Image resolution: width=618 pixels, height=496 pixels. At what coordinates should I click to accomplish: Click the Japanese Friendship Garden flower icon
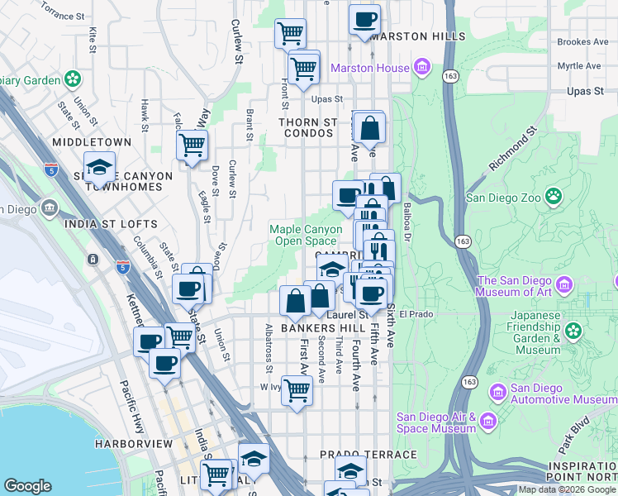coord(573,331)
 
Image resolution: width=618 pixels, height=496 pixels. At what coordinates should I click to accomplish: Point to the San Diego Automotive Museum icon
coord(497,392)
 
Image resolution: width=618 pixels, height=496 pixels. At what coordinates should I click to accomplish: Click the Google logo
coord(28,486)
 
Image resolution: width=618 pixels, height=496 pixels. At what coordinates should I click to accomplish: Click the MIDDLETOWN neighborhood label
coord(91,142)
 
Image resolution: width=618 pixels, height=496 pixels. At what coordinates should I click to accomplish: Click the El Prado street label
coord(416,314)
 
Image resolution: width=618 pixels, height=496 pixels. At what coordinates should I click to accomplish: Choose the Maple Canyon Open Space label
coord(306,235)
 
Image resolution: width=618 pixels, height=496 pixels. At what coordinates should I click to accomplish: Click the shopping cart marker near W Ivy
coord(297,390)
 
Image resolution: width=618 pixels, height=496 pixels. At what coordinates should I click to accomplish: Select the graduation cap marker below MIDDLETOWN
coord(99,168)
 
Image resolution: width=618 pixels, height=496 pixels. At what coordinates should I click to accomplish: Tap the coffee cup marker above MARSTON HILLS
coord(364,20)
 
